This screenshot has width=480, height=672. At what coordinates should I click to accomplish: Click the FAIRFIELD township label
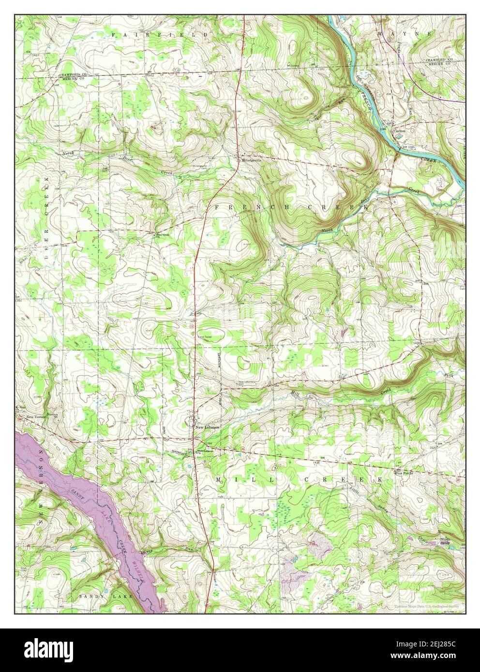[160, 35]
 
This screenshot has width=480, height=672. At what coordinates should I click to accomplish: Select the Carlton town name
[399, 131]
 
